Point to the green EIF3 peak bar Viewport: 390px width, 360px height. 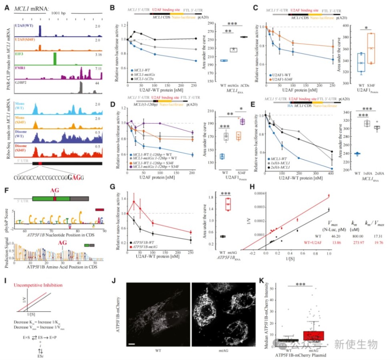55,58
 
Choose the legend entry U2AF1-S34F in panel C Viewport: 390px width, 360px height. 284,79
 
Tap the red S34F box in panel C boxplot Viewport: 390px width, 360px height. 371,48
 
